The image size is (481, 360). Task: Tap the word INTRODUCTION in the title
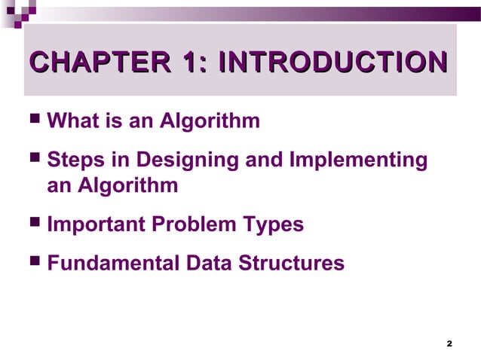pos(330,63)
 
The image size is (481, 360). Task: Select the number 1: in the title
pos(191,63)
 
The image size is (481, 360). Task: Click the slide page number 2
pos(449,344)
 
